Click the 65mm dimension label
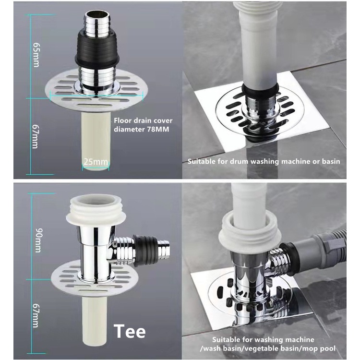(x=36, y=55)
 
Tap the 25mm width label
(x=96, y=162)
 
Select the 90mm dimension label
(x=38, y=240)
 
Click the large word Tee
(x=130, y=331)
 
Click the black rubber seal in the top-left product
(x=97, y=49)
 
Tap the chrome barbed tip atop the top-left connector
(x=97, y=24)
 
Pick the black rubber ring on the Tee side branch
(x=145, y=251)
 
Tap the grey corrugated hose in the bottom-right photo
(x=322, y=249)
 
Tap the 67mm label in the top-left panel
(x=36, y=137)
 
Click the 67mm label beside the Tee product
(x=36, y=315)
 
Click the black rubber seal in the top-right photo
(x=261, y=91)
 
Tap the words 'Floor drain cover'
(x=143, y=120)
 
